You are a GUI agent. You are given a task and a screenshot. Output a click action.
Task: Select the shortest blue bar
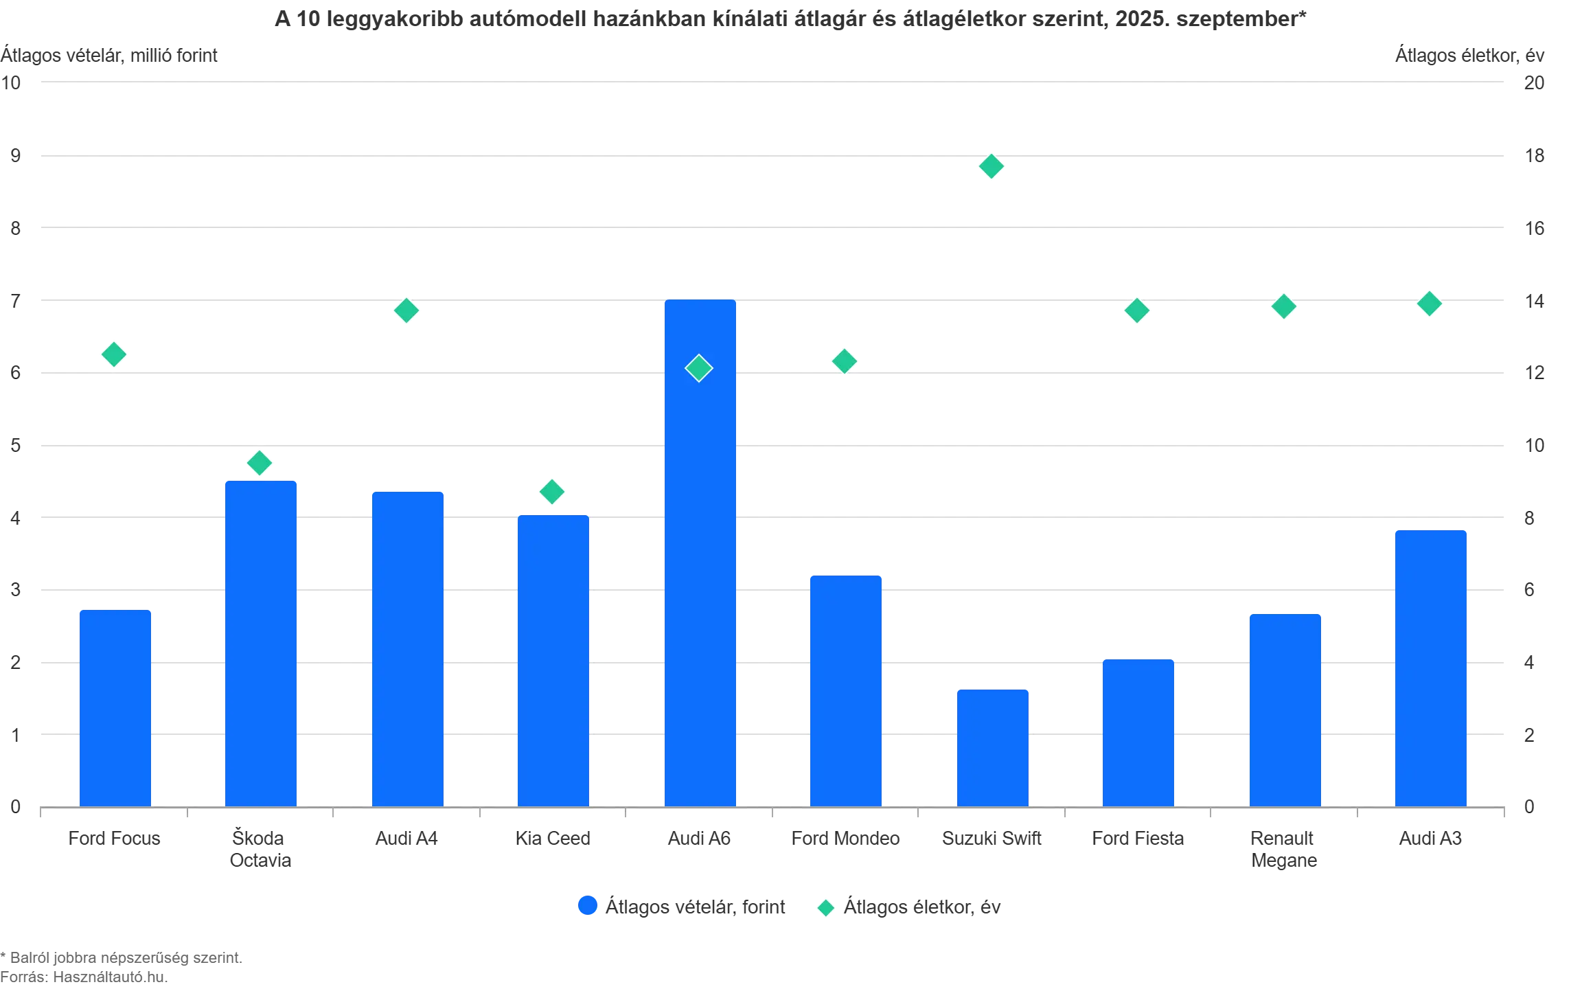pos(994,747)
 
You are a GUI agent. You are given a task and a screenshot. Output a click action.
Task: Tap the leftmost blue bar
pos(115,707)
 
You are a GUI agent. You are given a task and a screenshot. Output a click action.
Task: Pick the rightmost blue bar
pos(1430,666)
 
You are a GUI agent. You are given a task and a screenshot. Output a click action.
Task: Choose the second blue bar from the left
pos(261,642)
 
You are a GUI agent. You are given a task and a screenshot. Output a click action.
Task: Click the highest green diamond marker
pos(991,166)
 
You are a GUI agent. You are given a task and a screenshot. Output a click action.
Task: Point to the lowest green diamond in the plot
pos(551,492)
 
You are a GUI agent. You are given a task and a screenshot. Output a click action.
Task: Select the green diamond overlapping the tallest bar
pos(699,368)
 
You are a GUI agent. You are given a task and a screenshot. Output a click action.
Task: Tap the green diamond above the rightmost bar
pos(1430,303)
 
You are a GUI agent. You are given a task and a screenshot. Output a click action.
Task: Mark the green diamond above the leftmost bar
pos(114,354)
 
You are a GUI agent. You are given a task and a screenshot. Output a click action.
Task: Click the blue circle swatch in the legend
pos(587,907)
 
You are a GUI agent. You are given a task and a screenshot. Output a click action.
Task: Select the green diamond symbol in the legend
pos(825,908)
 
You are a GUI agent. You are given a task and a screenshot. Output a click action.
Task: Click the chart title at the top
pos(790,19)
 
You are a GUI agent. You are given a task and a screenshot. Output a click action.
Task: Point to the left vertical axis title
pos(110,56)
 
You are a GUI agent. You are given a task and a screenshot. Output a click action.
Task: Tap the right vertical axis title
pos(1469,56)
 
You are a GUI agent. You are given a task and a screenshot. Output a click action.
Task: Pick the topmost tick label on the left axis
pos(14,83)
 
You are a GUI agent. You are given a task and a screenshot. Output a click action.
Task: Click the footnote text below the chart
pos(120,967)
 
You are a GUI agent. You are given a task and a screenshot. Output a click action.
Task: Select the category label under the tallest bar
pos(698,839)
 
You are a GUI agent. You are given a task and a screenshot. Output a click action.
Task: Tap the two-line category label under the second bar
pos(260,849)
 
